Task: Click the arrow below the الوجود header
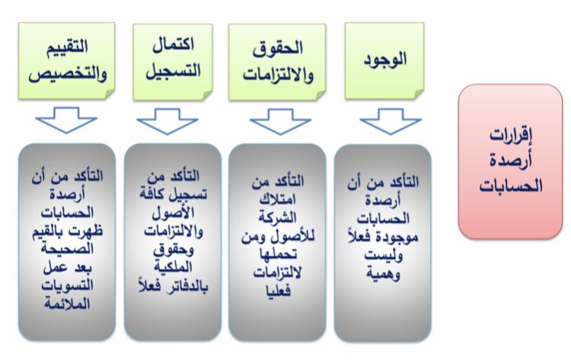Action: pos(390,120)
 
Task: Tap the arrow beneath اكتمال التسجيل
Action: pos(167,120)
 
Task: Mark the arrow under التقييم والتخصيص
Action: pos(66,120)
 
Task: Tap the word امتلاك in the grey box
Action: pos(277,200)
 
